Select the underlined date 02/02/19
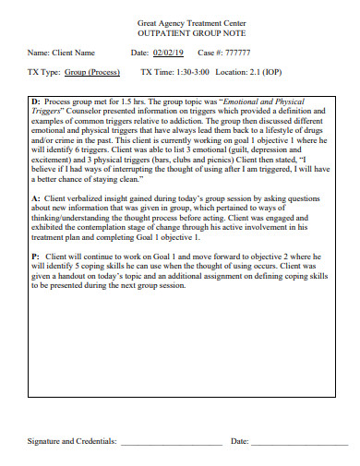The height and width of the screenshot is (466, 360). click(168, 53)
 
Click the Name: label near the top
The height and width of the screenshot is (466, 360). click(38, 53)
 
